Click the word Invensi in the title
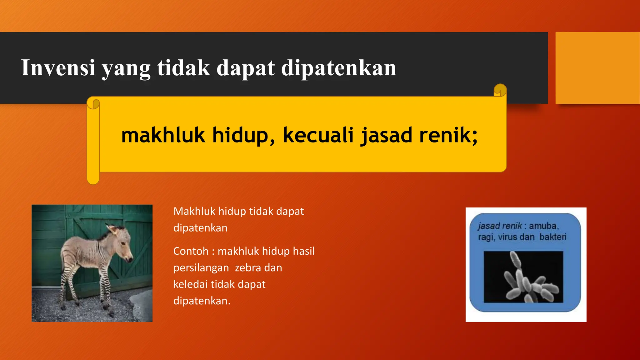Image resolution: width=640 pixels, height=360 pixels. (58, 68)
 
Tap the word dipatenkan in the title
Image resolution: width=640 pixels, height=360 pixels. (339, 68)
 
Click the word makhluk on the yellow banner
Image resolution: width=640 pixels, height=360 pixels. (163, 135)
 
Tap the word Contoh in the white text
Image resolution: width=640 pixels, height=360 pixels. (191, 251)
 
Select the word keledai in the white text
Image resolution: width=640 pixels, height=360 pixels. (190, 284)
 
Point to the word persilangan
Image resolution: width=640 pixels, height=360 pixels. (201, 268)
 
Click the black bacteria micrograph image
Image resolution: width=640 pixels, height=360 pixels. (523, 277)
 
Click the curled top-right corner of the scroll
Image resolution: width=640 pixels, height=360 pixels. (500, 90)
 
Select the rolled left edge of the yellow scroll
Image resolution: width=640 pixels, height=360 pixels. (93, 141)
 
